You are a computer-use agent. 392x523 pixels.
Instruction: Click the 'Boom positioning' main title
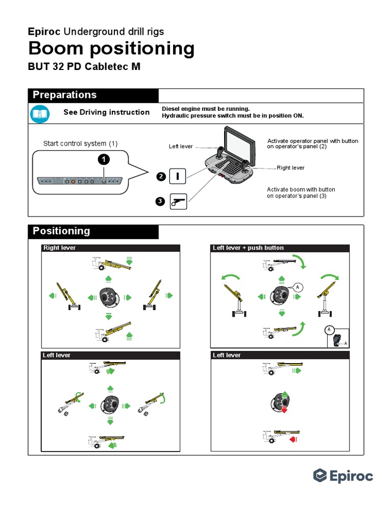click(x=111, y=49)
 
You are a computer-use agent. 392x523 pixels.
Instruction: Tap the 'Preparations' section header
click(x=64, y=95)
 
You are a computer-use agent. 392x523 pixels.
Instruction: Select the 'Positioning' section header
click(x=61, y=231)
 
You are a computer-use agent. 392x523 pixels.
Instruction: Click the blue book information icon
click(x=40, y=113)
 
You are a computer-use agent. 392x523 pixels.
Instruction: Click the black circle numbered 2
click(x=160, y=177)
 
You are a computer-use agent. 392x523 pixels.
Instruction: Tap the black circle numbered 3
click(x=160, y=202)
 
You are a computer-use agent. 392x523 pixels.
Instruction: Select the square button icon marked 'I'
click(x=178, y=177)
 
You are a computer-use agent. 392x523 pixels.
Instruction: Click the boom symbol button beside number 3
click(x=178, y=202)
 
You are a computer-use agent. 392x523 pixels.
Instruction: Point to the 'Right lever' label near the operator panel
click(x=290, y=168)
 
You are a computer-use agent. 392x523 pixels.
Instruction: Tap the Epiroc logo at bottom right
click(x=343, y=476)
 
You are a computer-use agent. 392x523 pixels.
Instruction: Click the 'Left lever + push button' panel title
click(x=248, y=248)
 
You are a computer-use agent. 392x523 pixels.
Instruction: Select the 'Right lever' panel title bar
click(x=110, y=248)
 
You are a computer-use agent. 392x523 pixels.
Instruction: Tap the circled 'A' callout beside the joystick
click(x=297, y=288)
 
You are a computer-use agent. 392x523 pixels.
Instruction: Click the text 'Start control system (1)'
click(x=80, y=144)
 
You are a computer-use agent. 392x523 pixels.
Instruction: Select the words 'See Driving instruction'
click(x=106, y=112)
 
